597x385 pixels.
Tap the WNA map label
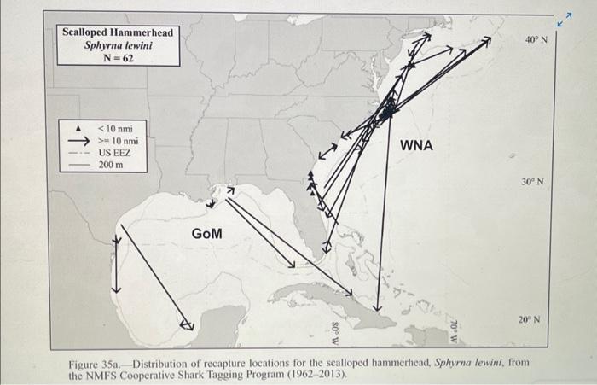pos(416,146)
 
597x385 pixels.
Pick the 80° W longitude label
pos(334,332)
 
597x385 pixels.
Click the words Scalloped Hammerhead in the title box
pos(118,32)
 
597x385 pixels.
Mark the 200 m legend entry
pos(111,163)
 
